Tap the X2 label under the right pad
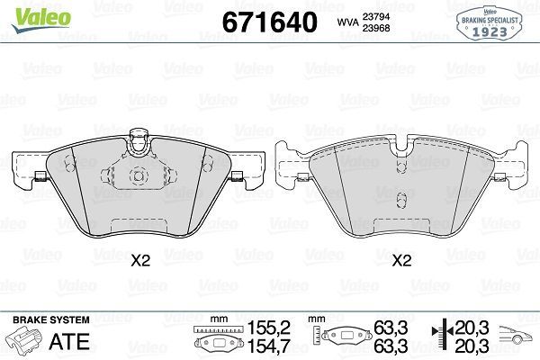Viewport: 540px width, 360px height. click(x=401, y=261)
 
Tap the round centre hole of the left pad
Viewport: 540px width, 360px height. click(x=138, y=175)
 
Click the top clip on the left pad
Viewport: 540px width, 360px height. click(x=138, y=139)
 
